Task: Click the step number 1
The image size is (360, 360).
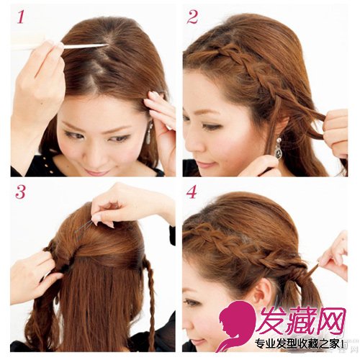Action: click(21, 17)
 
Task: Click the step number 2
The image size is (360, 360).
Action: click(192, 17)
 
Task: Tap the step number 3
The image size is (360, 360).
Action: click(20, 192)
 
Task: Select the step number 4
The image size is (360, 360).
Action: click(192, 192)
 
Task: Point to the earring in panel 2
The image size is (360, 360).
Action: click(279, 146)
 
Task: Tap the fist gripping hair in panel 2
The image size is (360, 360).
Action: click(336, 132)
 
